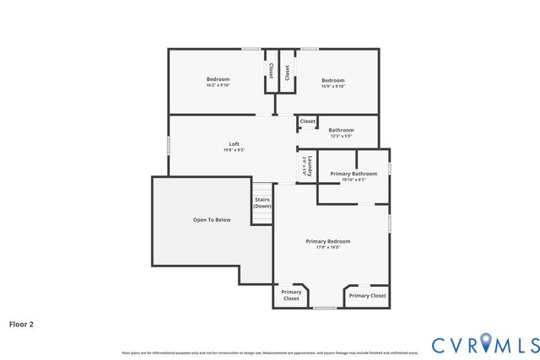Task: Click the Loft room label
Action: [x=234, y=144]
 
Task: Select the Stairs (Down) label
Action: [x=262, y=202]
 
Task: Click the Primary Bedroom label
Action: [x=328, y=241]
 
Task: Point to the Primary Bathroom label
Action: [x=354, y=174]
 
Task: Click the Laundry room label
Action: [x=310, y=166]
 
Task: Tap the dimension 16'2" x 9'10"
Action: [x=218, y=85]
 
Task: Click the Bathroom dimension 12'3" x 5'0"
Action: [x=341, y=136]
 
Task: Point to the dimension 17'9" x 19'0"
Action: [x=328, y=248]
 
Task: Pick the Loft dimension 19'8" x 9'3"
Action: [x=234, y=150]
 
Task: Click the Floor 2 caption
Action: [x=21, y=323]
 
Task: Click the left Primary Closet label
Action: [x=291, y=296]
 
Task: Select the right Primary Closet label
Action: [x=367, y=296]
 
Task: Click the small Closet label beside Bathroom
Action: [x=308, y=121]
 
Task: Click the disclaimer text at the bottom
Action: [x=269, y=352]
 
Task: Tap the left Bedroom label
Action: [x=218, y=79]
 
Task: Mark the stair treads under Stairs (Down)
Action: [x=262, y=217]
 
